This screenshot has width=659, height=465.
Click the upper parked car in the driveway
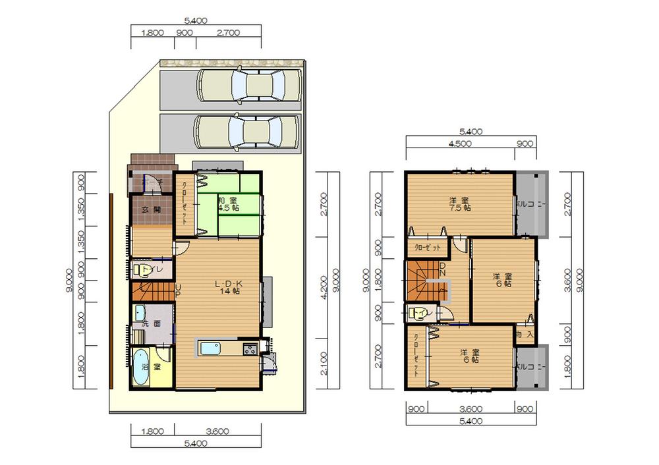[248, 85]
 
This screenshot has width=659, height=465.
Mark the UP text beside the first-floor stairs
[178, 290]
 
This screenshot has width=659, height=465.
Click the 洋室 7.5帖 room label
[459, 204]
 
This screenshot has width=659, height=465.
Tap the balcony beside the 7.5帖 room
[532, 204]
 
